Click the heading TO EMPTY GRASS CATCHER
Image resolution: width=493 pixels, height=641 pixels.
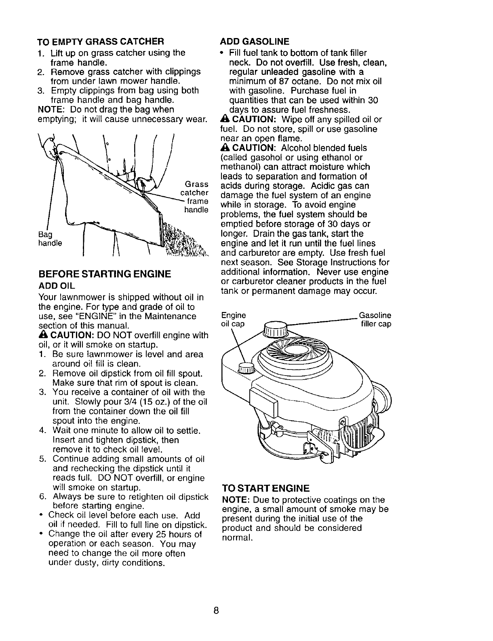pos(100,41)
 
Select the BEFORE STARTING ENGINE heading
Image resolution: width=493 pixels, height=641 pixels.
pos(104,274)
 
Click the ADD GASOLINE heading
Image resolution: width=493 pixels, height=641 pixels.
pos(255,41)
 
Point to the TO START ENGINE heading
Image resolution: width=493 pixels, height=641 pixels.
pos(266,488)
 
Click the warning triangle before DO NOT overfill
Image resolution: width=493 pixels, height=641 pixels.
pos(41,335)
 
